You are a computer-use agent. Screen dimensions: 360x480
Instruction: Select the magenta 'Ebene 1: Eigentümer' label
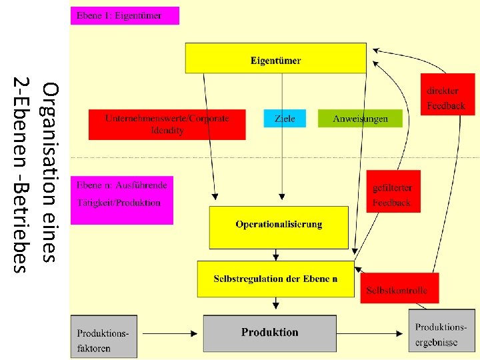(125, 15)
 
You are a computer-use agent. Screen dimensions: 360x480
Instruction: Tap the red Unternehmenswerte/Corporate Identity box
(167, 125)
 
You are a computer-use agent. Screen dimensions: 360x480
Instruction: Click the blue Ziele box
(285, 119)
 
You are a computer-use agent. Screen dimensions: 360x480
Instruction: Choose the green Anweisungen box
(360, 119)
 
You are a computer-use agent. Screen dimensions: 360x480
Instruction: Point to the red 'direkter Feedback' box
(447, 98)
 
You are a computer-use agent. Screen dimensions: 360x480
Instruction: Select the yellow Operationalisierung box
(279, 227)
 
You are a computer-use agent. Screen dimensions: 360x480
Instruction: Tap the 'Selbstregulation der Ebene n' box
(275, 279)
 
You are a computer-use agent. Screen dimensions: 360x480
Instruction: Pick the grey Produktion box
(269, 333)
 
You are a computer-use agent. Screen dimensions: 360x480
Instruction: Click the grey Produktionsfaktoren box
(103, 336)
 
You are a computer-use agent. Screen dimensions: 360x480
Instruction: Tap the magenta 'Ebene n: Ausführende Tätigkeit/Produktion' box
(122, 199)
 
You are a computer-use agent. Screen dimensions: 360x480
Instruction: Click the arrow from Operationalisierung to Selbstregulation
(275, 255)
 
